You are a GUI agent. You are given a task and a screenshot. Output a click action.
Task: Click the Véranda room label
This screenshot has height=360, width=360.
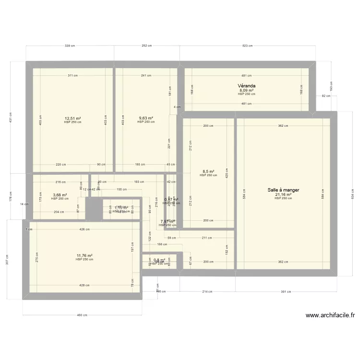tap(246, 86)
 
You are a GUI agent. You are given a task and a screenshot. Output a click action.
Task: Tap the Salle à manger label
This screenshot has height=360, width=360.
tap(283, 190)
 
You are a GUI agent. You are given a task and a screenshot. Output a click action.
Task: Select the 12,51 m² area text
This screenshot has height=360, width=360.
tap(72, 118)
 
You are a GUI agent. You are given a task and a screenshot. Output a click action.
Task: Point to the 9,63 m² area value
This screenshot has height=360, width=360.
tap(146, 118)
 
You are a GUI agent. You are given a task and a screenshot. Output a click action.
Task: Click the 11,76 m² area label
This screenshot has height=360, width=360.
tap(84, 256)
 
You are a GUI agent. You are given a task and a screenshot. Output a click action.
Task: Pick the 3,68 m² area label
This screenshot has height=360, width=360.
tap(60, 195)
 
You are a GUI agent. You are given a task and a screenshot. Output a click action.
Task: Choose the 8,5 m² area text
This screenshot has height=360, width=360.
tap(208, 171)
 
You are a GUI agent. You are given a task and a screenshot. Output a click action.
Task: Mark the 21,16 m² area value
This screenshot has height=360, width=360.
tap(283, 195)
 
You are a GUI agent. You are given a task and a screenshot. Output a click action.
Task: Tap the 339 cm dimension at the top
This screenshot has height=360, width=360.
tap(70, 46)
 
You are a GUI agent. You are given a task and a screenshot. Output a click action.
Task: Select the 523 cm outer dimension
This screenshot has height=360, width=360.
tap(247, 46)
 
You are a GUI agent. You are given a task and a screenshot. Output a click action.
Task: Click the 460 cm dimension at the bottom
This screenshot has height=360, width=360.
tap(82, 315)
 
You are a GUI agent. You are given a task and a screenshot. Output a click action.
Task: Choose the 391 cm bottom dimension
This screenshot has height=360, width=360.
tap(286, 291)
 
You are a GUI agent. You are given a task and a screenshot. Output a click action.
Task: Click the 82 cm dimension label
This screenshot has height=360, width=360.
tap(326, 96)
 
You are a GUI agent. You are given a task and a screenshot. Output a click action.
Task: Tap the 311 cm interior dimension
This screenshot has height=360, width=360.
tap(72, 75)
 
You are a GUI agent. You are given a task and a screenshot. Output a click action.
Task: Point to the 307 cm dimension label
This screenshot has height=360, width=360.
tap(7, 259)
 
